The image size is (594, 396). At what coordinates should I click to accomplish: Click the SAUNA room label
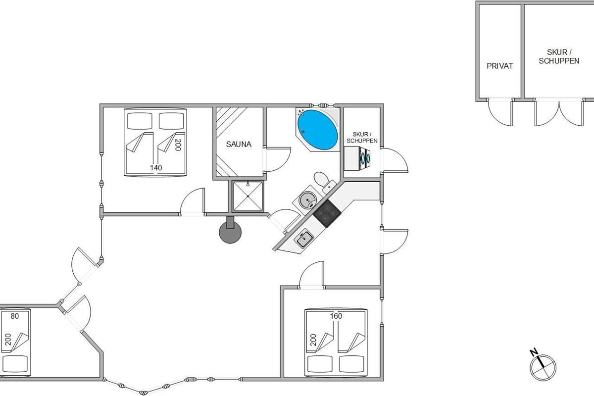coord(239,145)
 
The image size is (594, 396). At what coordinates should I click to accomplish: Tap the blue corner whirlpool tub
coord(317,129)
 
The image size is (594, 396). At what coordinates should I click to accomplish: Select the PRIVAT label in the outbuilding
coord(499,65)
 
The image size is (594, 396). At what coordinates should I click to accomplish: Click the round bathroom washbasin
coord(308,200)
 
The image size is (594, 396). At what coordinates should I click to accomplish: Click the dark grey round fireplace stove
coord(231,232)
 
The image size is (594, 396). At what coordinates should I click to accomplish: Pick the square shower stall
coord(248,196)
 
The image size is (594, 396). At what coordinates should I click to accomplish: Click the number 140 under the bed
coord(156,168)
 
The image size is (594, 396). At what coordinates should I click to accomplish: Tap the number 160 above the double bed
coord(336,316)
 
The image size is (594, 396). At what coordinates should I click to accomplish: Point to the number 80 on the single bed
coord(14,316)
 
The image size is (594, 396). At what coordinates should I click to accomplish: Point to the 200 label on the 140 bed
coord(178,145)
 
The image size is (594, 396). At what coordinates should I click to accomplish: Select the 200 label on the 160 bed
coord(313,340)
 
